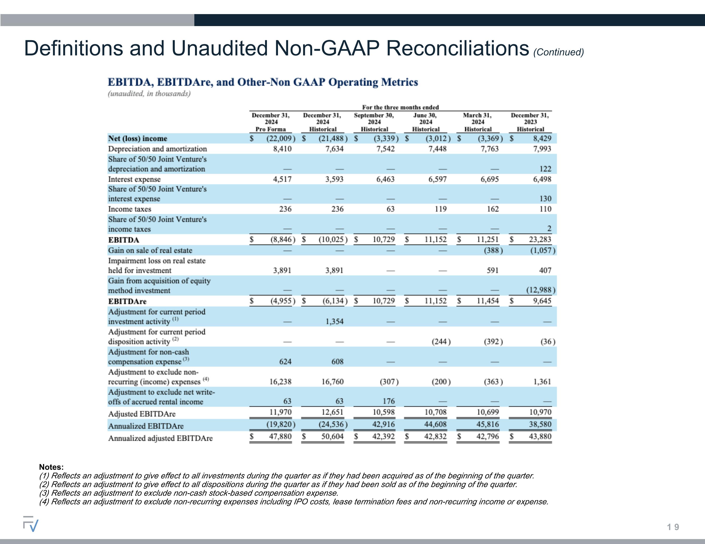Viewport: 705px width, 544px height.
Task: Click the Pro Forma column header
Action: coord(270,122)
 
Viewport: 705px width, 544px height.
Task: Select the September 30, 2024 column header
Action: coord(374,122)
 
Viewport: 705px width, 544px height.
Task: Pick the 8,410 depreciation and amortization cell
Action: coord(282,149)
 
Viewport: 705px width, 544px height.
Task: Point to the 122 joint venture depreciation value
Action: coord(545,169)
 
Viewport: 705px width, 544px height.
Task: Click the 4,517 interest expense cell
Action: coord(282,179)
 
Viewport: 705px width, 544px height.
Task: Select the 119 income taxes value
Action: coord(441,209)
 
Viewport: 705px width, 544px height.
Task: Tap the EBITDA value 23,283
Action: coord(540,239)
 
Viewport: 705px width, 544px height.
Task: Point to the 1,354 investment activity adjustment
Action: coord(334,321)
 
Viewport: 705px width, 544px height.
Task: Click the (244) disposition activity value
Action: coord(441,342)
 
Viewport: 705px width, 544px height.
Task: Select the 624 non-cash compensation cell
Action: coord(285,362)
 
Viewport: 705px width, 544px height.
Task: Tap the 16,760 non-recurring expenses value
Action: coord(333,382)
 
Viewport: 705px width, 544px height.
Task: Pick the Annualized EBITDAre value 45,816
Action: coord(488,424)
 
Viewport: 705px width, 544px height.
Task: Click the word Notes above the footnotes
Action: coord(51,467)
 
